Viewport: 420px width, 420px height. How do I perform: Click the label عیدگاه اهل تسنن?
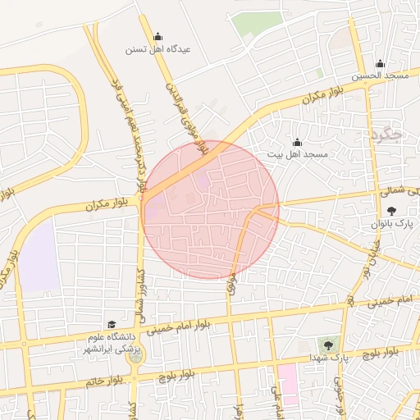click(157, 49)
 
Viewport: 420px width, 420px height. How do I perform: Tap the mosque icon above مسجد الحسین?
click(380, 64)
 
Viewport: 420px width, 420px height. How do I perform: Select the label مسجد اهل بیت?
click(297, 154)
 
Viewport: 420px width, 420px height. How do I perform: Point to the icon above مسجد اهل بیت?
click(297, 142)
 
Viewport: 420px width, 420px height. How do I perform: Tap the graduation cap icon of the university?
click(112, 325)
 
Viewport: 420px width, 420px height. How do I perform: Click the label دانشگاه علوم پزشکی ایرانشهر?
click(111, 344)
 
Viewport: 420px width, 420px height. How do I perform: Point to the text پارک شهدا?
click(327, 359)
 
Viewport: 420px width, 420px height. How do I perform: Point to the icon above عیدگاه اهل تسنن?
click(157, 36)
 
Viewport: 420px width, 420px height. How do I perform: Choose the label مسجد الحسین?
click(381, 75)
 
